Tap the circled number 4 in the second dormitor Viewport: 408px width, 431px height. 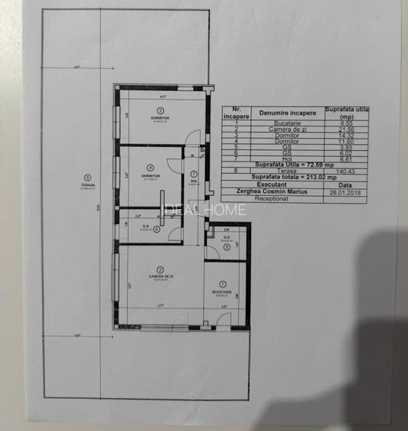point(150,168)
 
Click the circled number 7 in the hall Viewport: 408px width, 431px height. point(194,173)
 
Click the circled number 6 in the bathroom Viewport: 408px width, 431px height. point(156,227)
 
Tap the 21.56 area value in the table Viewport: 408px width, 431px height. point(348,129)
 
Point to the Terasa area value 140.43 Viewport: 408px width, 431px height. point(348,170)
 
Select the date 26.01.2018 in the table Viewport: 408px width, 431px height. point(348,191)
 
